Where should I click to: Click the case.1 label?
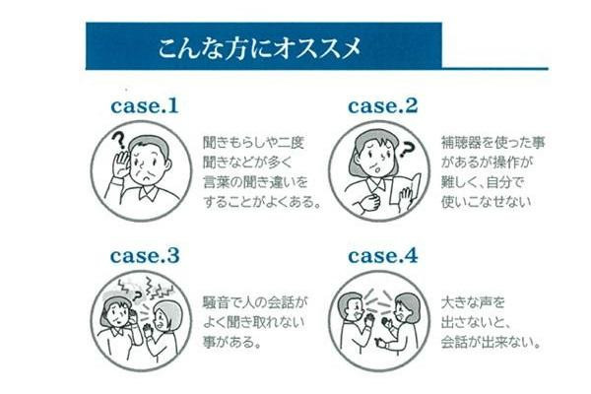click(143, 104)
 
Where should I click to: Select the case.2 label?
click(384, 104)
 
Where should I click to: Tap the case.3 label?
click(143, 255)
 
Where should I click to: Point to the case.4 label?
click(384, 255)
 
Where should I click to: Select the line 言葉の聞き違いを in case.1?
click(241, 180)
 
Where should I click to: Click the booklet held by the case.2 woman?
click(413, 189)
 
